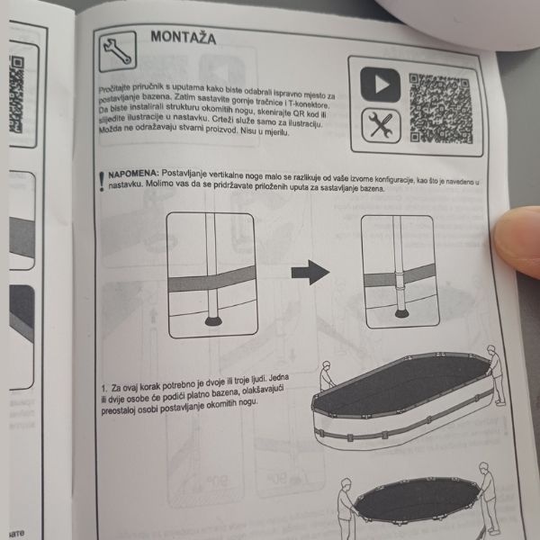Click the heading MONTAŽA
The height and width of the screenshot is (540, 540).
(x=184, y=37)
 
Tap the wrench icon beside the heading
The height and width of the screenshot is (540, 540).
(x=118, y=51)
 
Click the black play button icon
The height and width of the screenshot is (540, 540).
(x=380, y=85)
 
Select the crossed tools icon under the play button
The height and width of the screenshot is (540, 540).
(x=382, y=126)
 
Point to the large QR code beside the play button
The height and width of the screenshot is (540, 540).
(x=441, y=109)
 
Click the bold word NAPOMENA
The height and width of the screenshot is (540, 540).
(x=133, y=174)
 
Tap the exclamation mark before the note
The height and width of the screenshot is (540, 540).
(x=101, y=182)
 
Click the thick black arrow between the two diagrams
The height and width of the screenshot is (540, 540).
(x=310, y=273)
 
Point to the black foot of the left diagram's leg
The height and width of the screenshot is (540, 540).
(x=213, y=321)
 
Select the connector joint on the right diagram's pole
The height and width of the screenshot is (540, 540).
(x=400, y=281)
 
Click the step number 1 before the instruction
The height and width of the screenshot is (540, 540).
(x=104, y=389)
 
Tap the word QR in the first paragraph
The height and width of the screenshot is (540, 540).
(x=300, y=113)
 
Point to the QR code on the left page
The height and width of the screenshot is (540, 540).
(x=17, y=94)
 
